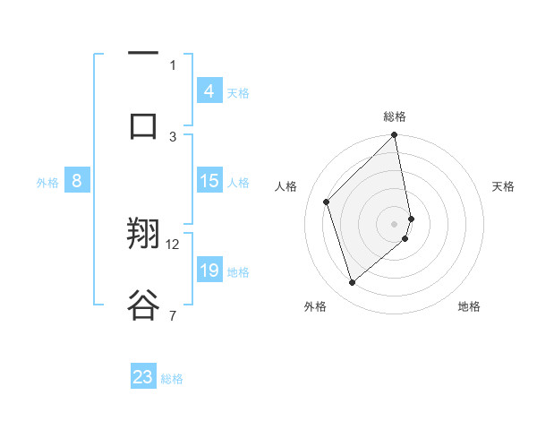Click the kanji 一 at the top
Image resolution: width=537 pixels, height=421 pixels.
[143, 53]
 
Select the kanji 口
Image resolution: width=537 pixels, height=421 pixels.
[143, 125]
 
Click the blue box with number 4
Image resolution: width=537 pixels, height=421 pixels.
[209, 90]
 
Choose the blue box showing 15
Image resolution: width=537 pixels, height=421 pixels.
[209, 181]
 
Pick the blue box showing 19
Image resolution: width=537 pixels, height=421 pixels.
[209, 271]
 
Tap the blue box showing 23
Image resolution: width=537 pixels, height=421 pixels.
[143, 377]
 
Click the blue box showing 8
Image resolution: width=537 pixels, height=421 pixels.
[77, 181]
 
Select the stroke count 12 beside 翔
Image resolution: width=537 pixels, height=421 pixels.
[174, 244]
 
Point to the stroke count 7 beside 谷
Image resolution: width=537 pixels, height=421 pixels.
[173, 315]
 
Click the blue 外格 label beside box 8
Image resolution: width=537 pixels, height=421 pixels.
[47, 183]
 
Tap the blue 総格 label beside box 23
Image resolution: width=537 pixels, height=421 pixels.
[172, 379]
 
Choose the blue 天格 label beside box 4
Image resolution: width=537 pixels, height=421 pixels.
[237, 93]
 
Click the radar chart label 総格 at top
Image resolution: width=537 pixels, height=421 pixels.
[395, 116]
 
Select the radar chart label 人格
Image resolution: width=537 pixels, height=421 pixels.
[286, 186]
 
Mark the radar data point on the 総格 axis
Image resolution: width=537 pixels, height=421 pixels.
[395, 136]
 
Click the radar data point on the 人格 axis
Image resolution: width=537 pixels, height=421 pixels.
[327, 202]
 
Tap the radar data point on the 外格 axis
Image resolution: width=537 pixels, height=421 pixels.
[352, 283]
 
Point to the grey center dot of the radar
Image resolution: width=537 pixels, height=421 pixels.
[395, 223]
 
